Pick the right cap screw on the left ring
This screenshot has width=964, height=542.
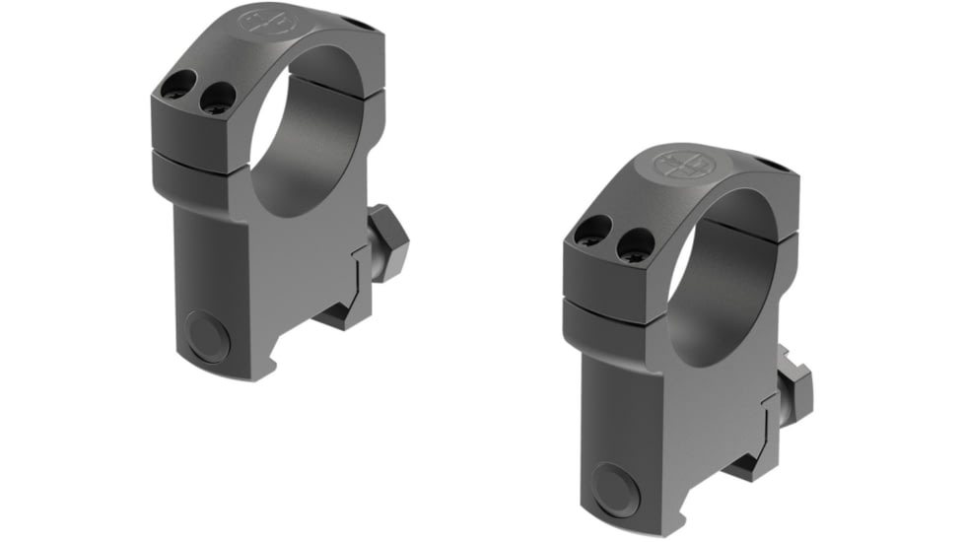pos(215,97)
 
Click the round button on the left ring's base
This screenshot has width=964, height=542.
pos(209,337)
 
